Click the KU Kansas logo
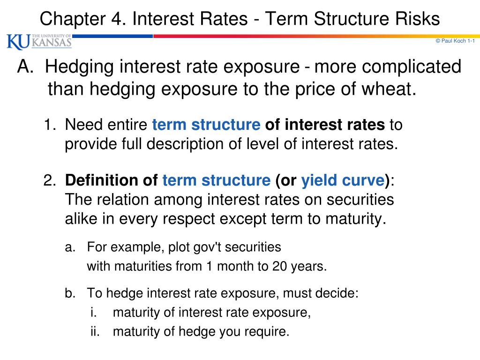click(x=39, y=41)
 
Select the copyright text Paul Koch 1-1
click(x=456, y=41)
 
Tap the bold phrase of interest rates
click(x=325, y=125)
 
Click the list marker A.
click(x=25, y=67)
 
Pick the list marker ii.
click(x=96, y=332)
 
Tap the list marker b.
click(x=70, y=294)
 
